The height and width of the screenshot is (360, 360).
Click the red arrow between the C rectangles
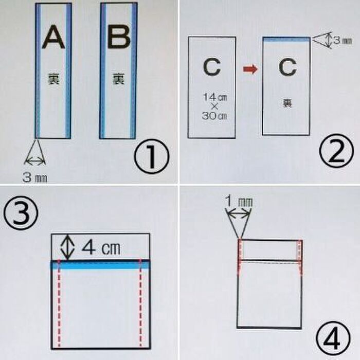click(249, 69)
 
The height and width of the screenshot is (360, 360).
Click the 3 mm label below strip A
click(35, 178)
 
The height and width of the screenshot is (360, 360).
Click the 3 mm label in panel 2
click(342, 40)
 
